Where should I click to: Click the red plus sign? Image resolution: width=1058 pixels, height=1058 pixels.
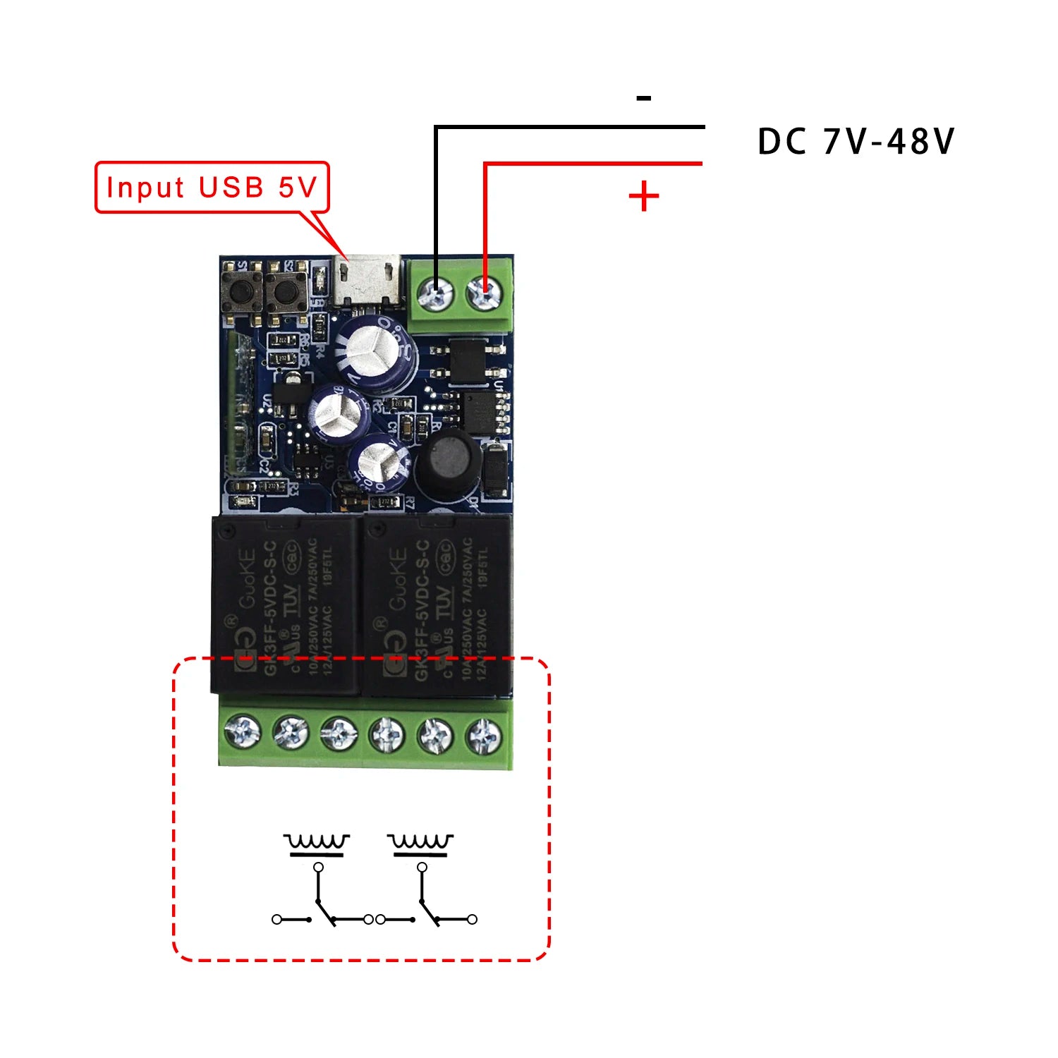click(643, 196)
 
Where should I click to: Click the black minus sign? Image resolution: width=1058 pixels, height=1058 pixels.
click(643, 98)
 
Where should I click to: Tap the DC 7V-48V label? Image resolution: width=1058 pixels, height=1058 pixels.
click(855, 142)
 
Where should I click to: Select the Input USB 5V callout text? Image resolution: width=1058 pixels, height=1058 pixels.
click(212, 188)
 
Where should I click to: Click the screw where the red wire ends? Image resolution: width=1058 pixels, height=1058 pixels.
click(485, 291)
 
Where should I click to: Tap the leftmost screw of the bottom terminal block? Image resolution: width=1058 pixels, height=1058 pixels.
click(243, 733)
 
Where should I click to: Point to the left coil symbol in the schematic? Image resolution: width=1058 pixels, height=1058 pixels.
click(317, 844)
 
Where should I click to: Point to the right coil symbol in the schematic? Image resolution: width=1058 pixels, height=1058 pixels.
click(420, 844)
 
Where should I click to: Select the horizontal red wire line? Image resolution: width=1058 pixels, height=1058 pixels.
click(592, 164)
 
